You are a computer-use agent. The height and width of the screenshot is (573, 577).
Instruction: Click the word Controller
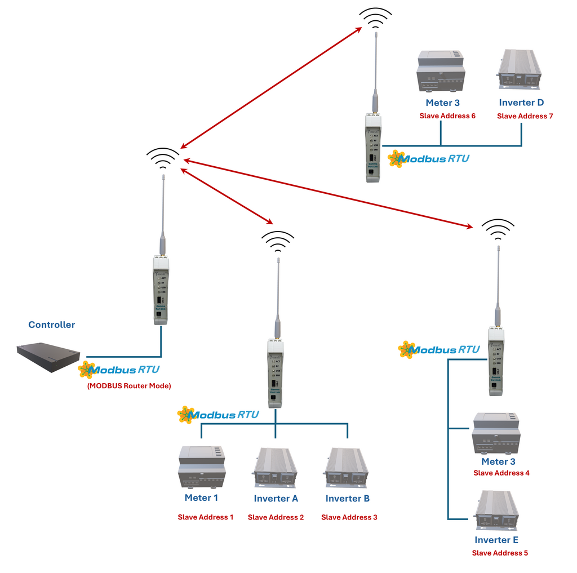click(x=51, y=325)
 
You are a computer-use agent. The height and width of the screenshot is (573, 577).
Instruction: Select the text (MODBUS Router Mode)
click(x=129, y=386)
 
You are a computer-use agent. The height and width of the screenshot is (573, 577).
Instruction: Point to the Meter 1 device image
click(x=201, y=467)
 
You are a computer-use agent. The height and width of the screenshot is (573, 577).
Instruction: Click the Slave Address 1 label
click(x=206, y=517)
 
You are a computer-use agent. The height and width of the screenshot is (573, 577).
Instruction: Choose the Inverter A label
click(x=276, y=499)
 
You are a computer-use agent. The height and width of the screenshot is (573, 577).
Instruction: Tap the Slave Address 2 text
click(x=276, y=517)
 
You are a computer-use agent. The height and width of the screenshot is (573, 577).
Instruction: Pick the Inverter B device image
click(x=347, y=468)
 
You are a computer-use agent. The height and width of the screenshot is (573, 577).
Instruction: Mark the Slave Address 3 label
click(x=349, y=517)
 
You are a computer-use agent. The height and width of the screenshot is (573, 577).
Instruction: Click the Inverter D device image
click(x=519, y=70)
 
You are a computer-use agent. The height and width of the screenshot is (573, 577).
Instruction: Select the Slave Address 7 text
click(x=525, y=116)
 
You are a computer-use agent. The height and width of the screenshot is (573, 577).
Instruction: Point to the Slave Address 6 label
click(x=447, y=116)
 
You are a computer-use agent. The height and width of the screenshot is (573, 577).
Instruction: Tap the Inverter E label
click(x=496, y=540)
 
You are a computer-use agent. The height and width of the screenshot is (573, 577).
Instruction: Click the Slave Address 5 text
click(x=500, y=553)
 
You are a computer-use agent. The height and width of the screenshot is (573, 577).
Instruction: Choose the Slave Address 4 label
click(x=501, y=473)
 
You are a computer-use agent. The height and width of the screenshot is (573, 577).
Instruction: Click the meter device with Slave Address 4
click(x=496, y=433)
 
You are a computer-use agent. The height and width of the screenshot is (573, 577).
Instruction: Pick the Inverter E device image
click(x=497, y=512)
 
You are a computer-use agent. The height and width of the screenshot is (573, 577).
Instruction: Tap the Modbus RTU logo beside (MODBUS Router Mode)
click(x=119, y=370)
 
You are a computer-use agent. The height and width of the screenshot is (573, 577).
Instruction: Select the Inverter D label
click(x=521, y=103)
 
